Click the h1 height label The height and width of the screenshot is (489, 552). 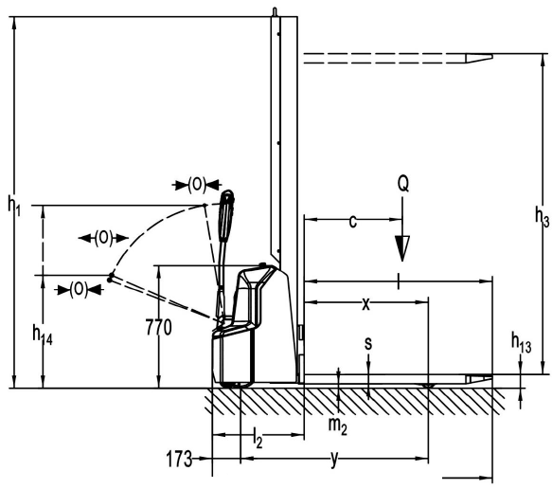tap(14, 206)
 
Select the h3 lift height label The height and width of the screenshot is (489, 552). tap(542, 215)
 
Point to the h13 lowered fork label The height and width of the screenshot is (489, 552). tap(521, 342)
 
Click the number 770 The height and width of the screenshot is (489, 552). tap(159, 328)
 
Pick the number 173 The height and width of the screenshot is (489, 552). tap(179, 459)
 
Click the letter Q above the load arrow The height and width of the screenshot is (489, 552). tap(403, 184)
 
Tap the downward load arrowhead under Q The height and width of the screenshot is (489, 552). tap(402, 248)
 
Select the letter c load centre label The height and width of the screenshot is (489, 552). tap(353, 222)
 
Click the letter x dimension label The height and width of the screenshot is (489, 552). tap(366, 304)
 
